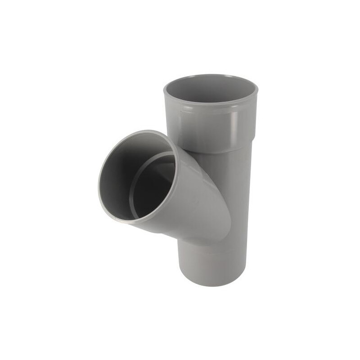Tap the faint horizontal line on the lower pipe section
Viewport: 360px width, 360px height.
point(214,252)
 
